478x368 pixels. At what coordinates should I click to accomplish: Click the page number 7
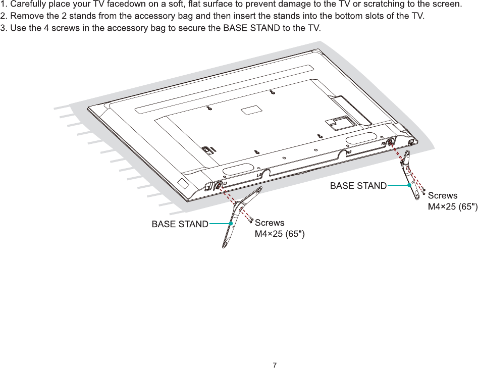[x=275, y=364]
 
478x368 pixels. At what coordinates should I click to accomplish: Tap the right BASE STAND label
[x=358, y=186]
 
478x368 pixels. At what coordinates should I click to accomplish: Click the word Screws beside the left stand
[x=270, y=223]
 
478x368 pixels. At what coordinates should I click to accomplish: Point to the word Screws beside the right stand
[x=443, y=195]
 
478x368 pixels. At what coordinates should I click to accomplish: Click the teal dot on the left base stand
[x=230, y=224]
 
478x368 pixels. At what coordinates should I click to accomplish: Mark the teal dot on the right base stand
[x=409, y=186]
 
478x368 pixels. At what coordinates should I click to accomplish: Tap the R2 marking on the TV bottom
[x=348, y=151]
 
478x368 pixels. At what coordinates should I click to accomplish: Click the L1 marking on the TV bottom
[x=225, y=183]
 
